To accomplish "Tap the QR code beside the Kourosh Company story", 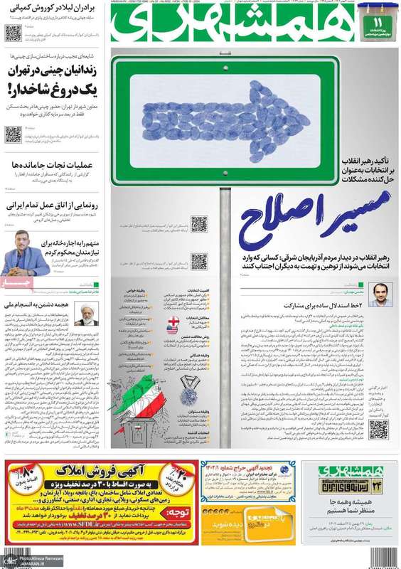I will (x=14, y=31).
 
